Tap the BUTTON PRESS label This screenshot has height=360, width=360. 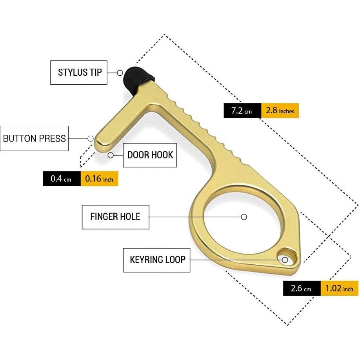click(x=35, y=138)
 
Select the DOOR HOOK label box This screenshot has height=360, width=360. click(x=150, y=155)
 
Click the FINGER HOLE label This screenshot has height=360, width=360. click(x=115, y=216)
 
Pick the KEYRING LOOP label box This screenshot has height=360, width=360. click(x=157, y=260)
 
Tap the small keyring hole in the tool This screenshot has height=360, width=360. click(x=286, y=259)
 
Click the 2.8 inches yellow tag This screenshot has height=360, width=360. click(x=280, y=111)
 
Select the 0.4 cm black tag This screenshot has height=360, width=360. click(x=62, y=179)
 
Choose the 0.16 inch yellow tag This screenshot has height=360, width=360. click(x=99, y=179)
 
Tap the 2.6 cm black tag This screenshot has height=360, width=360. click(x=302, y=289)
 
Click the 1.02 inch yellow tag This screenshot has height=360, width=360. click(x=340, y=289)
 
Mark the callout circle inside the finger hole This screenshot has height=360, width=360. click(x=244, y=217)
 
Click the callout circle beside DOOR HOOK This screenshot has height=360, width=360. click(x=111, y=155)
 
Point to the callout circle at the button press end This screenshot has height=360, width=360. click(x=91, y=138)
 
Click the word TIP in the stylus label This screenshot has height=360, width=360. click(x=95, y=73)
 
